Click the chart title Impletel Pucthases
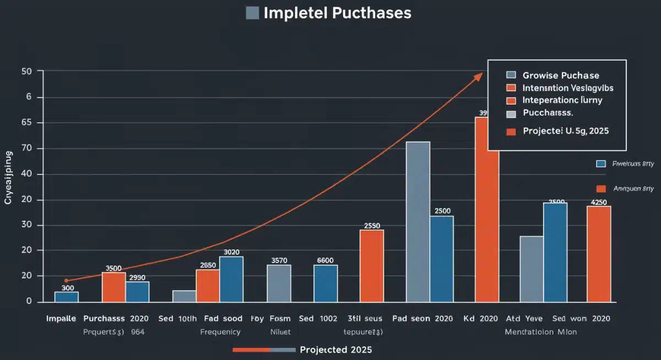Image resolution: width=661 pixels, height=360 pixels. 337,13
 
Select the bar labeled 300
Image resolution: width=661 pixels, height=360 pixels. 67,296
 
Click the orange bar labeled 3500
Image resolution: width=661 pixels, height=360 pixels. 113,287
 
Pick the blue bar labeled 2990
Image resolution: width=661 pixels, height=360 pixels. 137,291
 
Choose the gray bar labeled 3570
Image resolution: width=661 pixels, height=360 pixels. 279,283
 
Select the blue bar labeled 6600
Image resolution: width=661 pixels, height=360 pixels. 326,283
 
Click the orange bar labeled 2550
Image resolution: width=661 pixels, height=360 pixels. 372,266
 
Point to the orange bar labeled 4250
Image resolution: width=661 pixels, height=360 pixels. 599,254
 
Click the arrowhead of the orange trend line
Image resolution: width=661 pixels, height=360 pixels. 478,77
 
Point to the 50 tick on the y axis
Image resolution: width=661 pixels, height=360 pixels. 27,72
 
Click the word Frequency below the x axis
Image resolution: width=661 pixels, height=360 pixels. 220,332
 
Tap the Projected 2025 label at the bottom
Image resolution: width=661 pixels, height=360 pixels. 336,350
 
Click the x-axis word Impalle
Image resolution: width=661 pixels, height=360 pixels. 61,319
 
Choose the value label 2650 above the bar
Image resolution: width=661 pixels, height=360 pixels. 208,265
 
